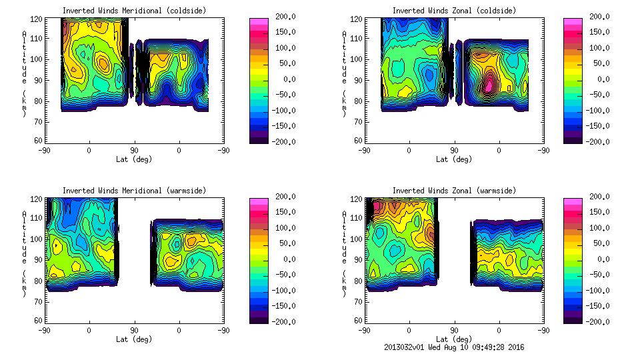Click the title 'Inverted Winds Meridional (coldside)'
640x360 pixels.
134,11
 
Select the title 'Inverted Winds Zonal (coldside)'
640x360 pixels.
454,11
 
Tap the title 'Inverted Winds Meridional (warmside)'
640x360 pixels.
134,191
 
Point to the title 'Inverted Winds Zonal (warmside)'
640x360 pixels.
454,191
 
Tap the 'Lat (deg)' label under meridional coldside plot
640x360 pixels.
134,159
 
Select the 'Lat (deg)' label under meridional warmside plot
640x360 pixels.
134,339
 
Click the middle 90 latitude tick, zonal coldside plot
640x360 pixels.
455,151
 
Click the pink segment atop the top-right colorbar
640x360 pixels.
573,22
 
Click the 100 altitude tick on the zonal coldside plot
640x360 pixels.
358,59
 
